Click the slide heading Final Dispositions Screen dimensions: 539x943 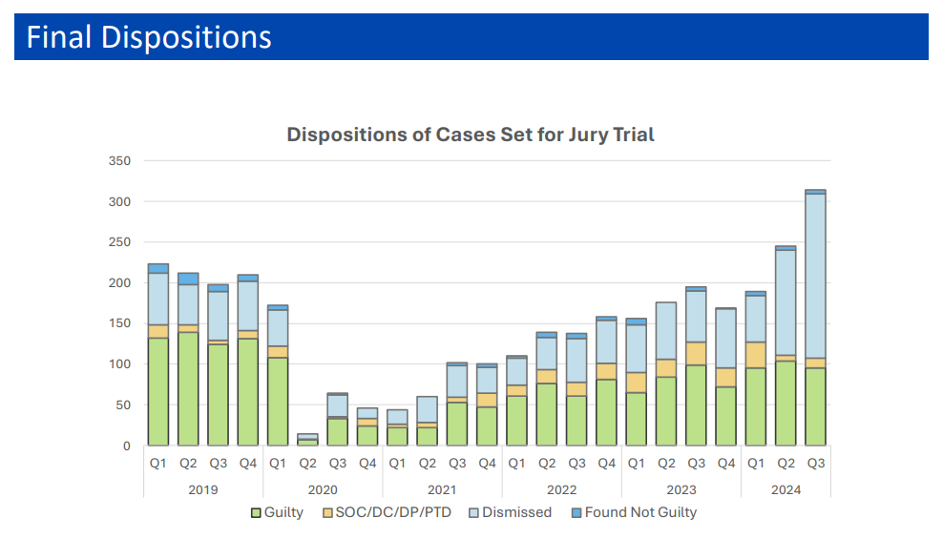(x=149, y=37)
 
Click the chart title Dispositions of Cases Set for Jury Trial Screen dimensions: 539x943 (x=471, y=135)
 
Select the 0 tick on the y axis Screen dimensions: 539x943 (x=126, y=446)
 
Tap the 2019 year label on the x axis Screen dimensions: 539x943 (x=202, y=489)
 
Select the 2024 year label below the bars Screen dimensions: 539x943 (x=786, y=489)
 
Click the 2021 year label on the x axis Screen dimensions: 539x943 (x=442, y=489)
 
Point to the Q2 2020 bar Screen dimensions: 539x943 (x=307, y=440)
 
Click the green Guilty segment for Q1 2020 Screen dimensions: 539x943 (x=278, y=402)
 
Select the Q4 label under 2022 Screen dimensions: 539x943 (x=606, y=464)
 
